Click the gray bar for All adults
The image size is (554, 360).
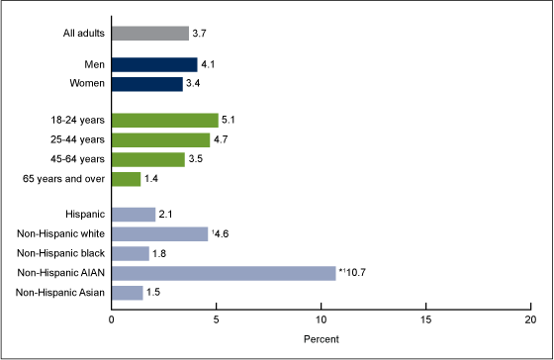(149, 34)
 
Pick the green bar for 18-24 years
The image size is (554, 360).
(164, 121)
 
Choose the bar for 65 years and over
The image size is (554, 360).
(126, 178)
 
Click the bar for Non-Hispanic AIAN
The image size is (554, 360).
(224, 273)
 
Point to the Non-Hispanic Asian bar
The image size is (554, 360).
(127, 292)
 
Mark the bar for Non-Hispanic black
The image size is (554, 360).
(130, 253)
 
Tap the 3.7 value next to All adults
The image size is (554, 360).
(200, 34)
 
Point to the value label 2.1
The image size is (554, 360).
(166, 215)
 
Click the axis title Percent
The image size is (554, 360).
(320, 340)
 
